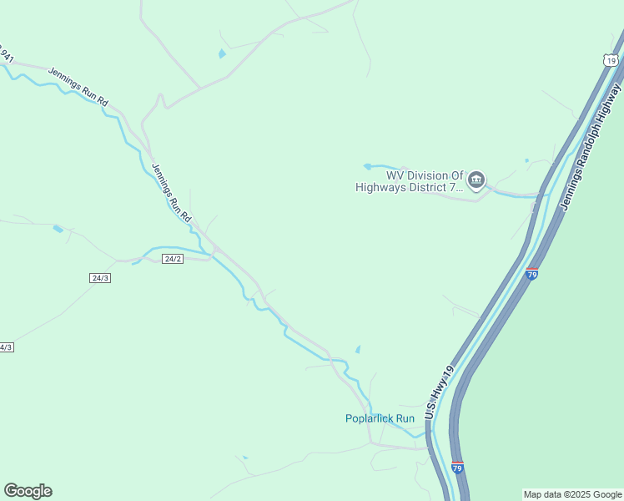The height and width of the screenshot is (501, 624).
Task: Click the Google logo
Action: coord(28,491)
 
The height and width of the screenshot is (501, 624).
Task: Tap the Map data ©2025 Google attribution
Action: coord(572,494)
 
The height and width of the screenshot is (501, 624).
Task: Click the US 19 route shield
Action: coord(611,60)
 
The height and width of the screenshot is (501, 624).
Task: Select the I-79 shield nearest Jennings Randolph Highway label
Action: coord(532,273)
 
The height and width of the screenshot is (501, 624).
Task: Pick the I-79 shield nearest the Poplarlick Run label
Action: coord(457,468)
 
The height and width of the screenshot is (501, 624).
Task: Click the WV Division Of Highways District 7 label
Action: coord(409,181)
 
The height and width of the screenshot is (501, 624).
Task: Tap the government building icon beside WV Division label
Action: coord(476,180)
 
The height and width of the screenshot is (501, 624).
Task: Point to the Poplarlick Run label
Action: coord(380,418)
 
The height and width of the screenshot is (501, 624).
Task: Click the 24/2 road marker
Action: coord(173,259)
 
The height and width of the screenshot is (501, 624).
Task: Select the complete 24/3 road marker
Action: coord(100,277)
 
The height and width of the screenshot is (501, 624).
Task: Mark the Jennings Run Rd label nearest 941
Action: coord(78,86)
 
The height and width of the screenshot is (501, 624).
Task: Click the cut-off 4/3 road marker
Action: coord(5,347)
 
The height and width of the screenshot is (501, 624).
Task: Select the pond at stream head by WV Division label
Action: coord(367,166)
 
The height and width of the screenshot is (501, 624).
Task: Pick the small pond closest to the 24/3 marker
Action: coord(58,228)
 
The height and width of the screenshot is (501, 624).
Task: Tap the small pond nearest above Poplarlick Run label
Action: coord(359,350)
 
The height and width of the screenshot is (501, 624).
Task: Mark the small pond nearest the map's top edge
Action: coord(221,54)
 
